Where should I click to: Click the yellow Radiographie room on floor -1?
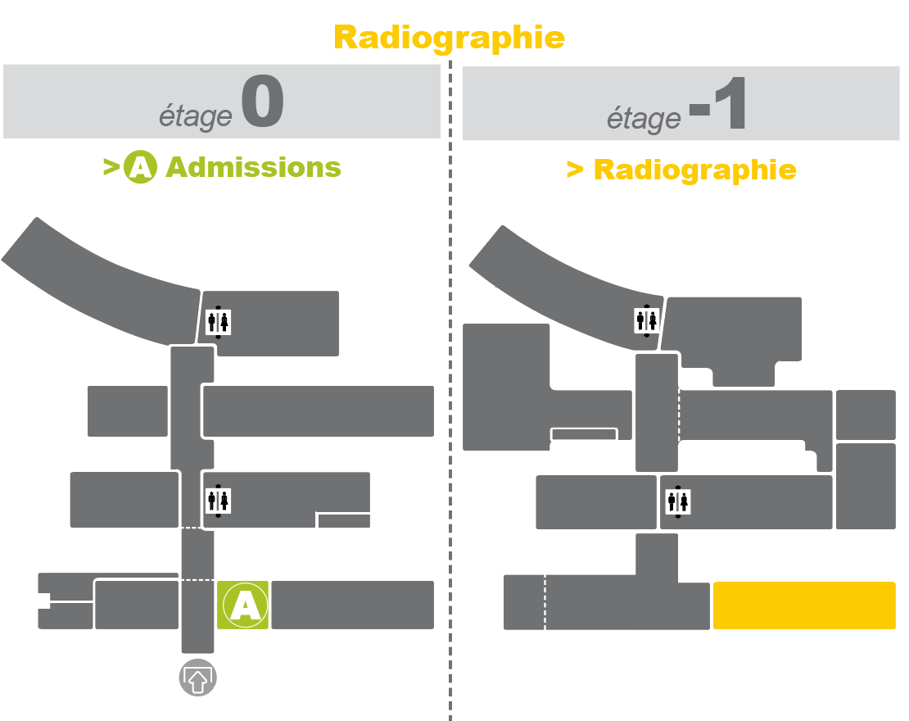click(x=804, y=605)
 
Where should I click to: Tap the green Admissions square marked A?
click(x=243, y=605)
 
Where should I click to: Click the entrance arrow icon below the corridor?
click(x=197, y=678)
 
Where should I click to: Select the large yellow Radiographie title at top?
click(x=450, y=39)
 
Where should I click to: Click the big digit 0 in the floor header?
click(x=263, y=101)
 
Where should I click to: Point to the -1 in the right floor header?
click(x=717, y=103)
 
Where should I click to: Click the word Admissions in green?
click(x=253, y=167)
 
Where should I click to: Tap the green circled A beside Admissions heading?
click(x=140, y=167)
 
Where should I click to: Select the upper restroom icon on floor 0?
click(x=218, y=322)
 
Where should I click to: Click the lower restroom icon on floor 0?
click(x=218, y=501)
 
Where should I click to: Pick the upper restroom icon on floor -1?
click(x=646, y=321)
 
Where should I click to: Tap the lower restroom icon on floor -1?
click(x=678, y=501)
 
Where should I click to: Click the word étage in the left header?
click(x=196, y=116)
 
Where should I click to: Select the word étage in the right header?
click(x=644, y=119)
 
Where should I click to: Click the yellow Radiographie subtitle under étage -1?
click(x=695, y=170)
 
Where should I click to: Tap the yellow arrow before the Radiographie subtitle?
click(x=575, y=170)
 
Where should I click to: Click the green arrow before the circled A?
click(x=111, y=167)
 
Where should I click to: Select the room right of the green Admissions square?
click(x=352, y=605)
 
